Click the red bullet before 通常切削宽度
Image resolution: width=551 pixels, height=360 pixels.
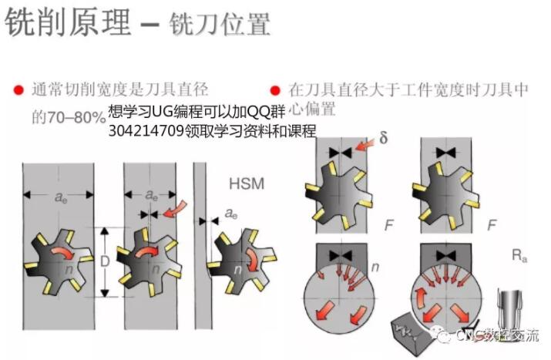pos(16,90)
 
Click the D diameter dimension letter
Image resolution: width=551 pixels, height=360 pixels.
pos(105,261)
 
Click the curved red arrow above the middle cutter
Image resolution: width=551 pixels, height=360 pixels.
pos(178,208)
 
